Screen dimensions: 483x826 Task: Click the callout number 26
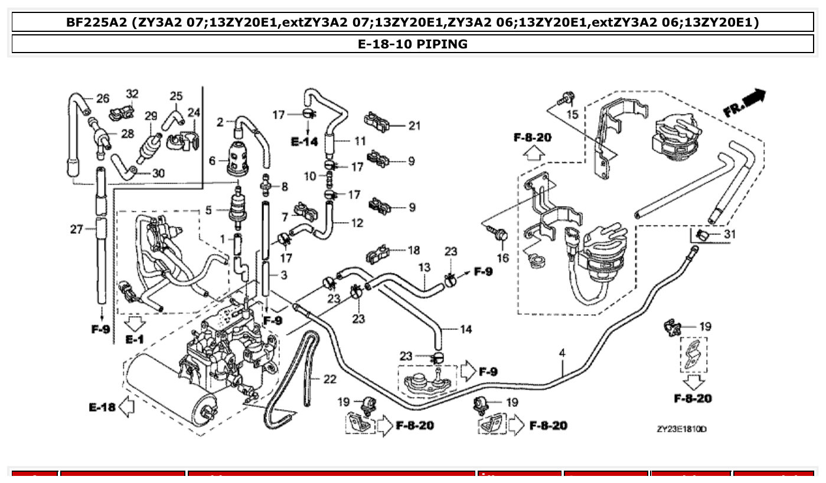click(103, 98)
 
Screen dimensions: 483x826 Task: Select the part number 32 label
click(132, 94)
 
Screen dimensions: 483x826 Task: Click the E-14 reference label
click(304, 142)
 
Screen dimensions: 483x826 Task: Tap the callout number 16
click(502, 257)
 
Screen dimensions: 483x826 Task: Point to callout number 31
click(730, 234)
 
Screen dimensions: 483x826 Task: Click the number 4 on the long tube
click(562, 353)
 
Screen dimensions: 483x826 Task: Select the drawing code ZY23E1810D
click(681, 429)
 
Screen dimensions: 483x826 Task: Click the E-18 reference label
click(102, 407)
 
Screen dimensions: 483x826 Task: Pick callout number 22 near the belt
click(329, 379)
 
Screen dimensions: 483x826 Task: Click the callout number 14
click(466, 329)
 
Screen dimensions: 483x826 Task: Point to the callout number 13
click(424, 267)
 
